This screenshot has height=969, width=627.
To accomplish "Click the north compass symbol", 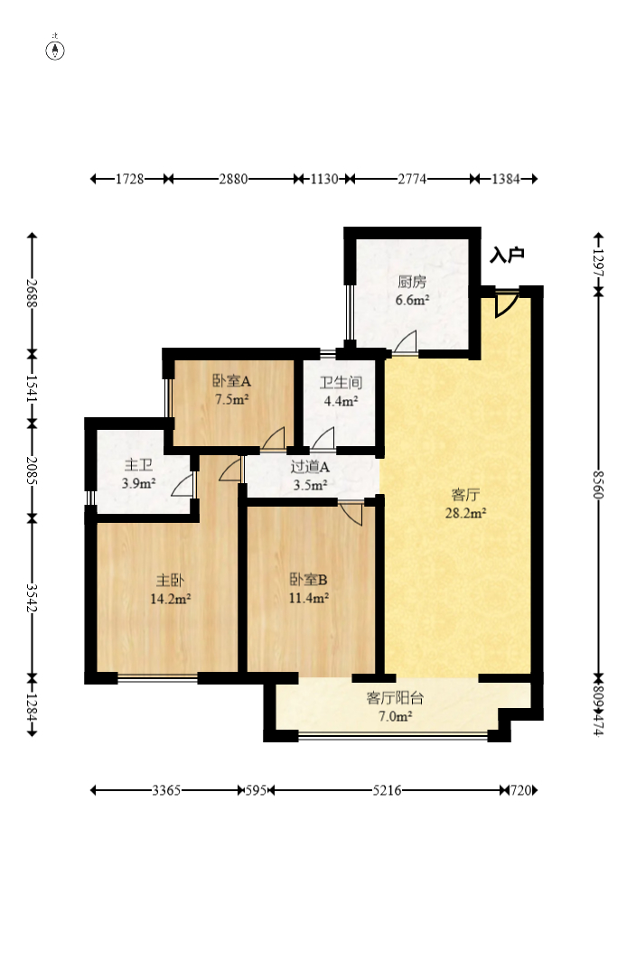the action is (x=55, y=50).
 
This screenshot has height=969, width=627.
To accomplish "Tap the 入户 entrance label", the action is (x=507, y=255).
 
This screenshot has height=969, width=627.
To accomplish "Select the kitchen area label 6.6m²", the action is (x=413, y=301).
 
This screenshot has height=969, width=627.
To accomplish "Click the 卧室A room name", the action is (x=231, y=381).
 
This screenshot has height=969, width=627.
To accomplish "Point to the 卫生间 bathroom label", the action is (x=341, y=383).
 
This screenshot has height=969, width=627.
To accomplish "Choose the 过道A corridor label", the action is (x=310, y=467).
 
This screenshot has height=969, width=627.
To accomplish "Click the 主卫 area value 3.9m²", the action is (x=138, y=483).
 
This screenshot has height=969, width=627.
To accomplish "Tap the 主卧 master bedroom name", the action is (x=170, y=581).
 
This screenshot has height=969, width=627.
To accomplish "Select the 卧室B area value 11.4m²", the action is (x=309, y=598).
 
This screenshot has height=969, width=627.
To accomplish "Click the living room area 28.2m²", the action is (x=465, y=512).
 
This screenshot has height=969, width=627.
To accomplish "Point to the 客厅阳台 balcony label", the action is (x=395, y=698).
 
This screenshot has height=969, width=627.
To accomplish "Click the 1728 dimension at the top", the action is (x=130, y=179).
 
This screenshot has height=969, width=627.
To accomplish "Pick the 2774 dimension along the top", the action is (x=412, y=179).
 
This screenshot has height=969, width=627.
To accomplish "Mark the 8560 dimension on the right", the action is (x=598, y=484).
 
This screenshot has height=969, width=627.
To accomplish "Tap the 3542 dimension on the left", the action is (x=33, y=598).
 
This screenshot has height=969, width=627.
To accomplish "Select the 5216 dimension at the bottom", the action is (x=387, y=790).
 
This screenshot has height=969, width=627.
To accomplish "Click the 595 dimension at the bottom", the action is (x=256, y=790).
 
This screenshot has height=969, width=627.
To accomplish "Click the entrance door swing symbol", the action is (x=506, y=304).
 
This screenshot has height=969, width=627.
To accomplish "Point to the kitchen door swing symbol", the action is (x=406, y=342).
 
